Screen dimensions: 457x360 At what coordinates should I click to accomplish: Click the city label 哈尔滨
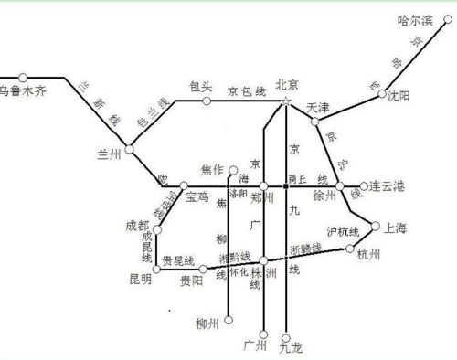(420, 18)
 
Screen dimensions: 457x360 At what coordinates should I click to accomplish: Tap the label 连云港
(387, 186)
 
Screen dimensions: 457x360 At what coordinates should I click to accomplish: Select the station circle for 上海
(375, 226)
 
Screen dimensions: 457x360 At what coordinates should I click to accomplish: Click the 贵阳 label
(192, 281)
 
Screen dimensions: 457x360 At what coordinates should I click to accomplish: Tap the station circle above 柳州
(228, 320)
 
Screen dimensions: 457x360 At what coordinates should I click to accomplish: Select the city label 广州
(256, 347)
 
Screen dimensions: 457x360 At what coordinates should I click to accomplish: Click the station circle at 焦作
(233, 170)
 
